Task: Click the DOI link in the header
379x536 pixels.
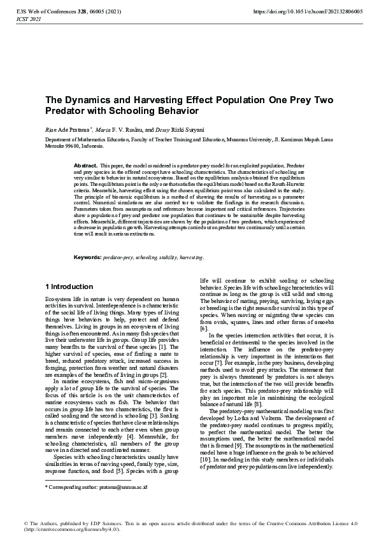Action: click(308, 11)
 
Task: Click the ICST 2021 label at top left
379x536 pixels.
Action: click(28, 19)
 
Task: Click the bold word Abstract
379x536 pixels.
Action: click(86, 166)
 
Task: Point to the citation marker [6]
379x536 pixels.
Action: click(204, 328)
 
